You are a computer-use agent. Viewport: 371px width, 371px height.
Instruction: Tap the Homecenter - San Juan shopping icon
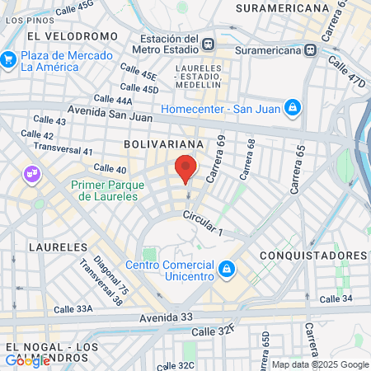click(x=292, y=107)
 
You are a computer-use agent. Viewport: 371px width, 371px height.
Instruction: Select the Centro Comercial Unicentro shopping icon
click(x=226, y=269)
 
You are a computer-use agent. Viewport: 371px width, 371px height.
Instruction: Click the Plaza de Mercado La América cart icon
click(x=9, y=59)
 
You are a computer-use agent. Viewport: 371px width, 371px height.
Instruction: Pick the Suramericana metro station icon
click(x=311, y=49)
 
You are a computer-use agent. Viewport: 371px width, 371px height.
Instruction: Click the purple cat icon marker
click(x=32, y=174)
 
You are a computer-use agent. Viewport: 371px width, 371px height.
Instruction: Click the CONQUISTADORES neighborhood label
click(x=312, y=255)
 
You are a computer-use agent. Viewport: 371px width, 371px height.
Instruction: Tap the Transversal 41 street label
click(x=63, y=151)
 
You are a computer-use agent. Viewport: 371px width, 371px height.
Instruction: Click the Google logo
click(x=27, y=360)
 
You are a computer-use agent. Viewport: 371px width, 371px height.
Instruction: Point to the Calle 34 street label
click(x=336, y=298)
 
